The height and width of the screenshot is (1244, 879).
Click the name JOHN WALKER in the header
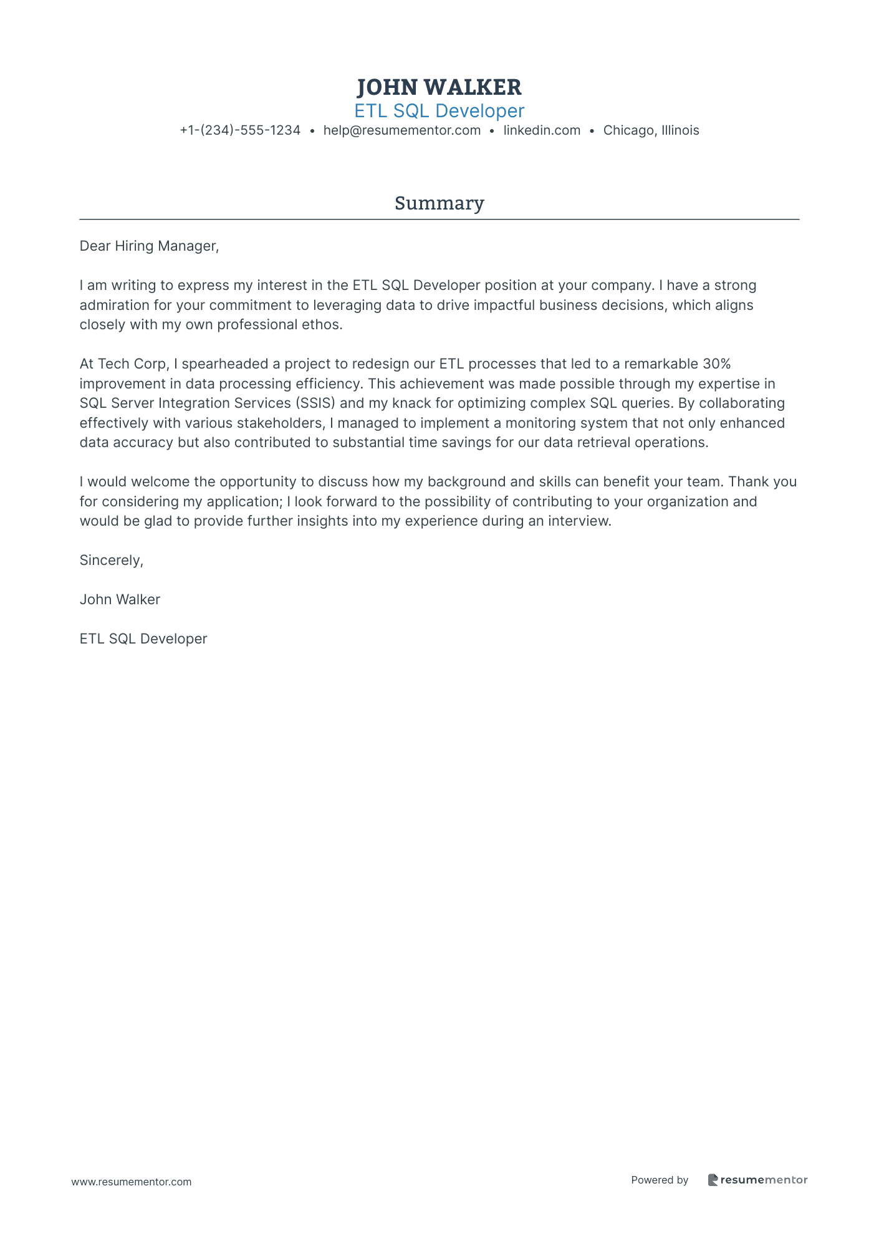[439, 87]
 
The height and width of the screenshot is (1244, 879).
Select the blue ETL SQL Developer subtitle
[439, 111]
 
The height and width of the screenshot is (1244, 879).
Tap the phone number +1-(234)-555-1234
[240, 130]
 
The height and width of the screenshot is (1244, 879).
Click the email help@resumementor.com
[402, 130]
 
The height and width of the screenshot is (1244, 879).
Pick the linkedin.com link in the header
[542, 130]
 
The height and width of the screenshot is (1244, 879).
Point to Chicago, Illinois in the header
[651, 130]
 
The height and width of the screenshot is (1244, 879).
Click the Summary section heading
[439, 203]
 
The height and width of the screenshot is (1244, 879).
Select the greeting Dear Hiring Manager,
[150, 246]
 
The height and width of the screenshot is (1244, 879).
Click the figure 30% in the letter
[716, 364]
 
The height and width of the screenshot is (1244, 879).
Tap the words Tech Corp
[132, 364]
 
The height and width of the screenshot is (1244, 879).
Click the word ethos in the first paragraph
[324, 325]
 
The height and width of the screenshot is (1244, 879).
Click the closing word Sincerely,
[112, 561]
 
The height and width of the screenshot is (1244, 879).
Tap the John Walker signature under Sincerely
[120, 600]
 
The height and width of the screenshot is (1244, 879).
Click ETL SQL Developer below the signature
[143, 639]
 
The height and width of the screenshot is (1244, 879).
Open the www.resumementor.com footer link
[132, 1182]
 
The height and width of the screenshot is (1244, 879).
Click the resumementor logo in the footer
[757, 1180]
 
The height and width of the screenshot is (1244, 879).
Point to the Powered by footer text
[660, 1180]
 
